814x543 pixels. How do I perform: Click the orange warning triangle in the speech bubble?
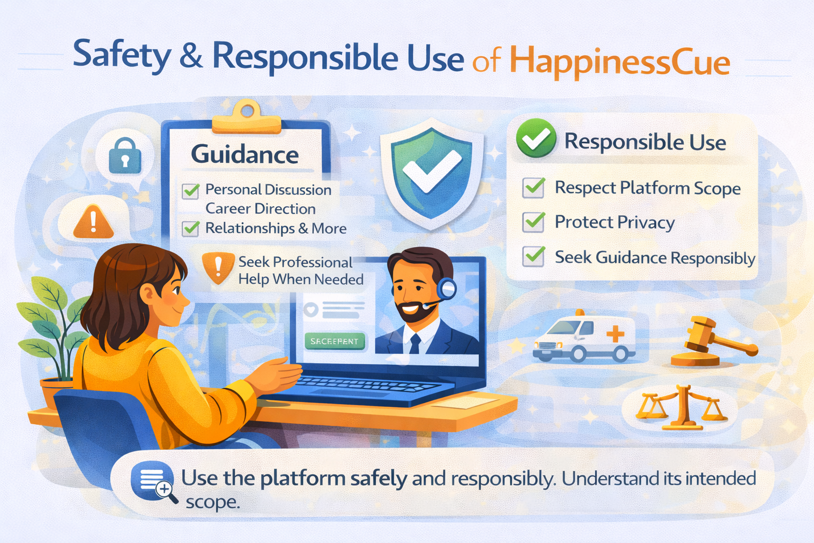click(x=93, y=221)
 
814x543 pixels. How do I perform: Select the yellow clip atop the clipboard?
click(x=246, y=118)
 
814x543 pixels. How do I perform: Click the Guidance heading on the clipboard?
click(x=245, y=154)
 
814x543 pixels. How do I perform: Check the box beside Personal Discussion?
click(x=190, y=191)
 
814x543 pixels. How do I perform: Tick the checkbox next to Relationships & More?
click(x=190, y=229)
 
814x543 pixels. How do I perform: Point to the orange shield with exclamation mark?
click(x=218, y=267)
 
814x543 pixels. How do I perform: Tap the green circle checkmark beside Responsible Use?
click(x=536, y=138)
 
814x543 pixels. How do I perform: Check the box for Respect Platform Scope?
click(x=533, y=188)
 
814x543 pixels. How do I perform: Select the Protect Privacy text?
click(x=614, y=222)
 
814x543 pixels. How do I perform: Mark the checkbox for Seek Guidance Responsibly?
click(x=533, y=256)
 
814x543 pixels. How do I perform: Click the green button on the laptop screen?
click(x=334, y=341)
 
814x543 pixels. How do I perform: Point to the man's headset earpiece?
click(x=448, y=289)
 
